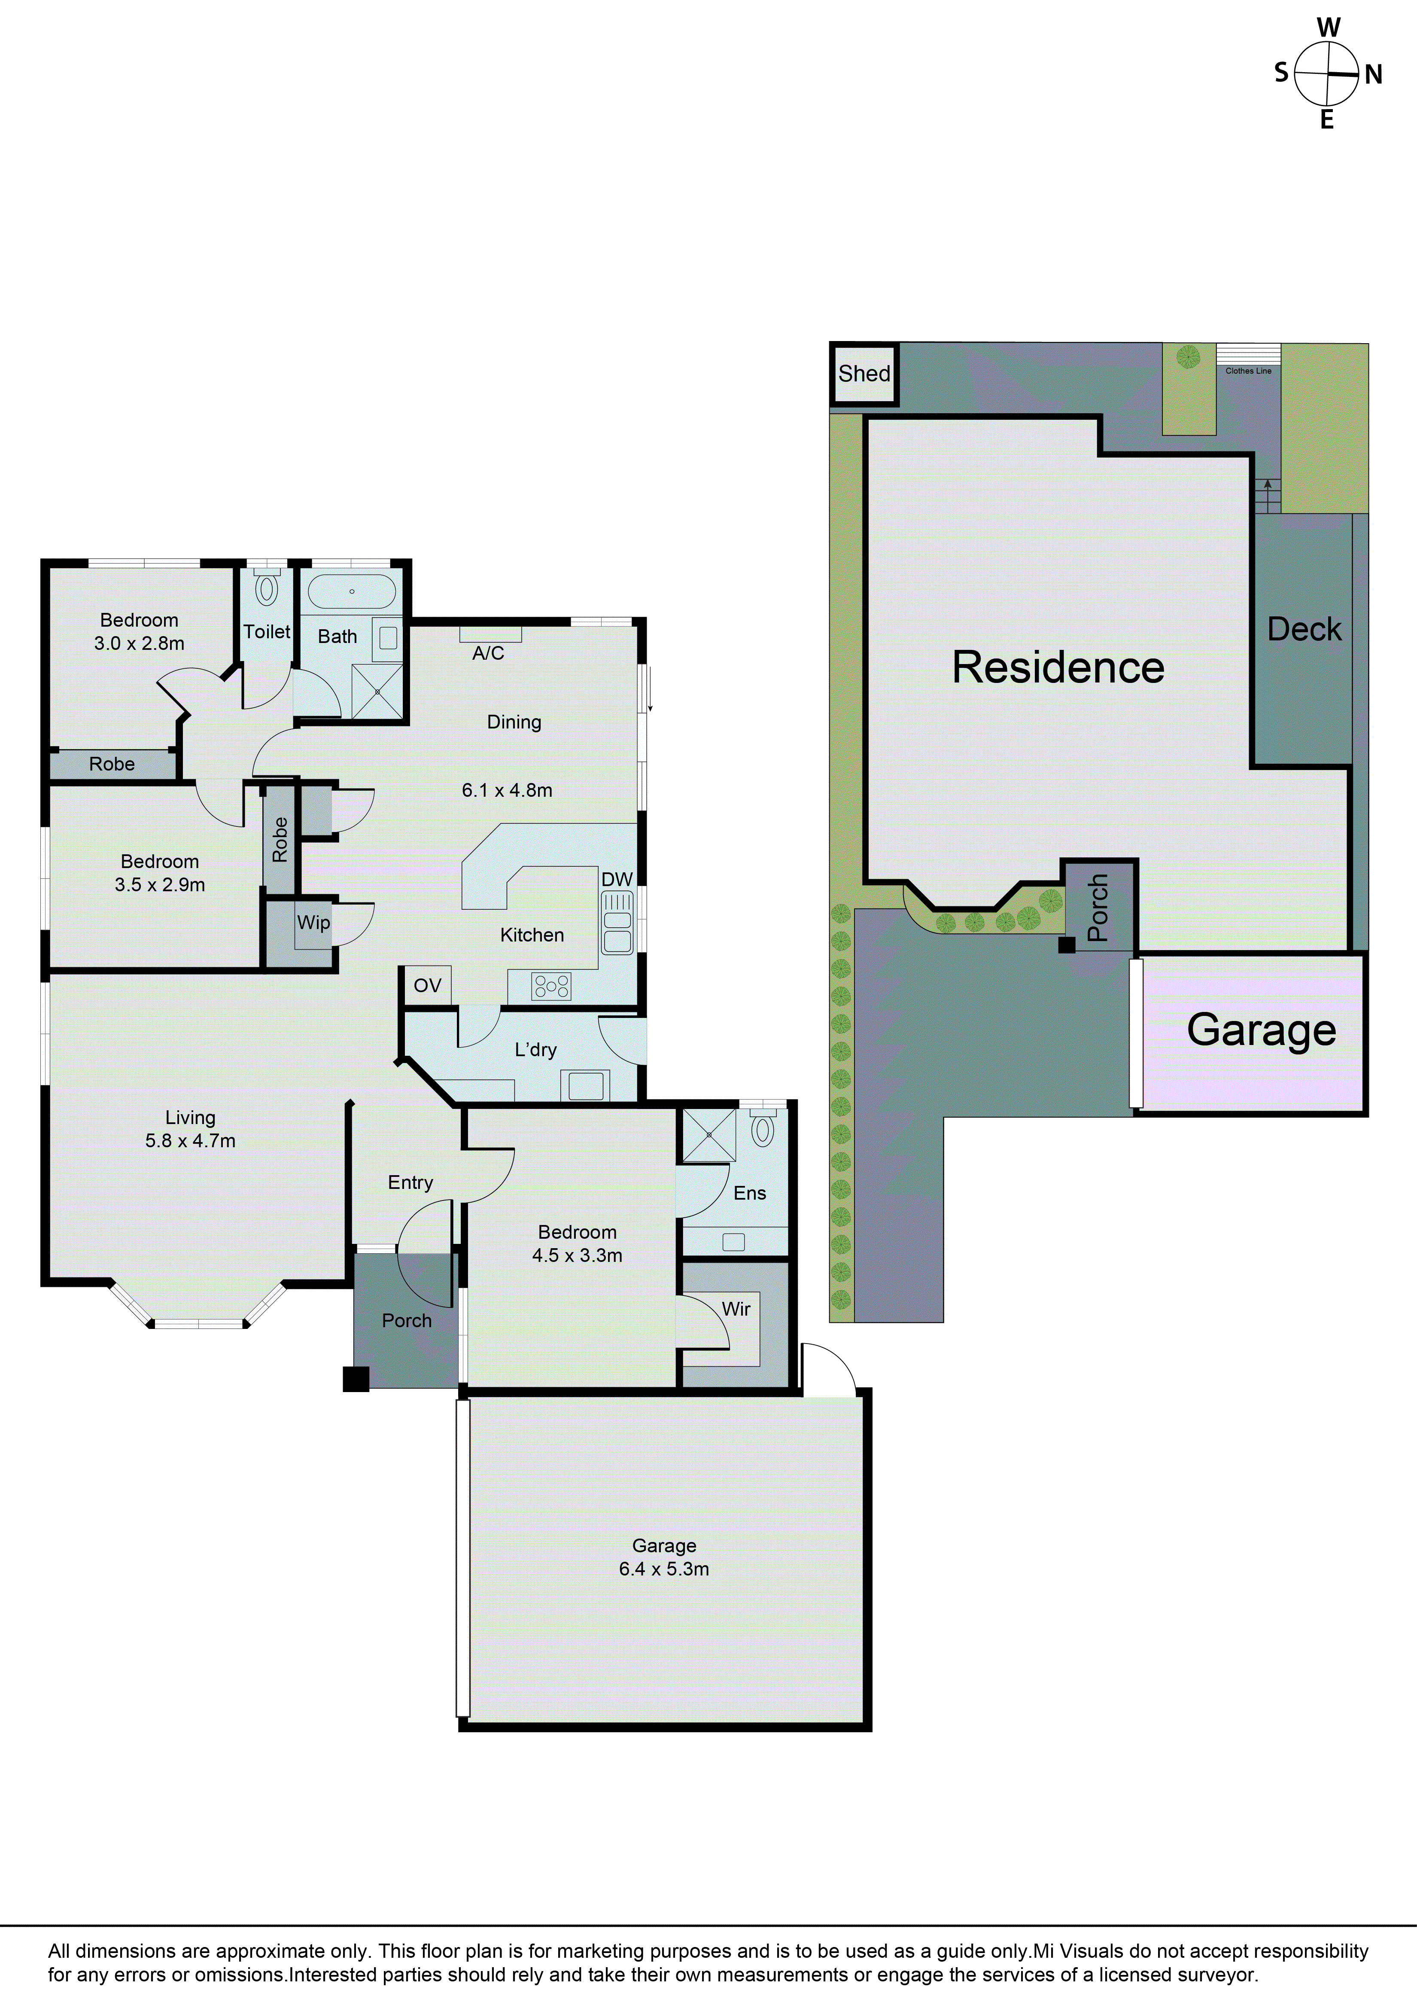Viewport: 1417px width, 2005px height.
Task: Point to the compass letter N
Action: coord(1373,75)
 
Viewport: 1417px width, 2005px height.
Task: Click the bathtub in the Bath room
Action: coord(352,591)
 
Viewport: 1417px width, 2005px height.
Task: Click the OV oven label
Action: coord(427,986)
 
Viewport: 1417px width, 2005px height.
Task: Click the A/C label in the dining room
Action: coord(488,653)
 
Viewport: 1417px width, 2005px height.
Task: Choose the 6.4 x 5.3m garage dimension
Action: coord(663,1569)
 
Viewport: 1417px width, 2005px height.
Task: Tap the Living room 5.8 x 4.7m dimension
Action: coord(190,1140)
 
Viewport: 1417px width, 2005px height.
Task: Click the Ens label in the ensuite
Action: coord(749,1193)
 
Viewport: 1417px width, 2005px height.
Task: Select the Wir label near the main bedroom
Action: coord(736,1309)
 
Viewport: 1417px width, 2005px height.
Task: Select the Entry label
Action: coord(411,1182)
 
